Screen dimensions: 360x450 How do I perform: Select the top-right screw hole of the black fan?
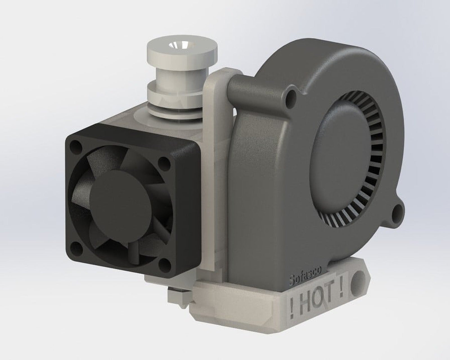click(161, 161)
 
